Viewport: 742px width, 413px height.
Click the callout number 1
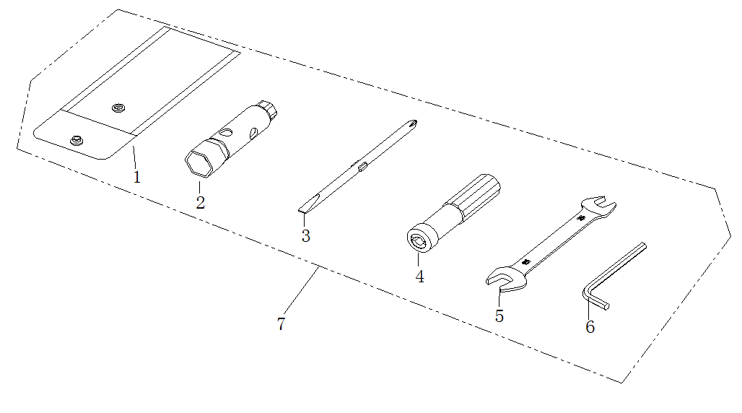pos(136,177)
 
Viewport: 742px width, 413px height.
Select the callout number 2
pos(200,203)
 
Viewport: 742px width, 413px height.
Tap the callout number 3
pos(306,235)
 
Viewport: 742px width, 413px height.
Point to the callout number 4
pos(420,277)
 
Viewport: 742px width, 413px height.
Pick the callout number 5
pos(499,316)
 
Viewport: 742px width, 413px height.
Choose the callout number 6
pos(590,327)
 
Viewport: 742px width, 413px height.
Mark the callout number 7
pos(281,324)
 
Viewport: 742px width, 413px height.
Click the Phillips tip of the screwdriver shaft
pos(413,123)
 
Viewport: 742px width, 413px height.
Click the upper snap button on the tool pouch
pos(118,108)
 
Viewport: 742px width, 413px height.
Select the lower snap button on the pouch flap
pos(77,140)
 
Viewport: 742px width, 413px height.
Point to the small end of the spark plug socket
pos(267,109)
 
